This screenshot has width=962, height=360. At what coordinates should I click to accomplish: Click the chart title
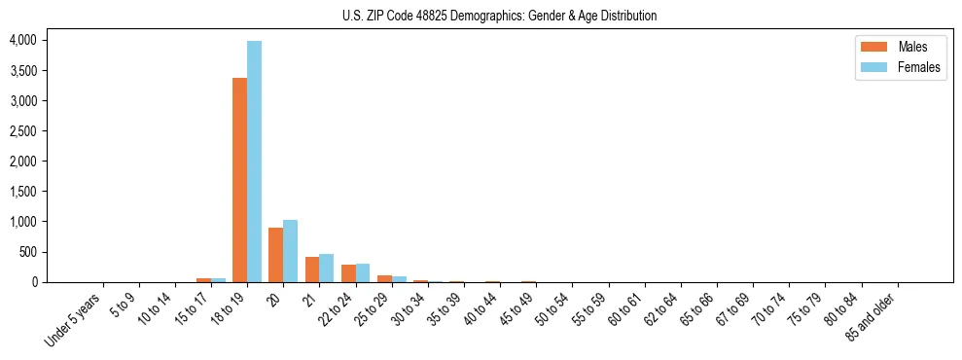[499, 16]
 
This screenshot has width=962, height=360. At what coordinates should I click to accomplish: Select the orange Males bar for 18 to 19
[239, 180]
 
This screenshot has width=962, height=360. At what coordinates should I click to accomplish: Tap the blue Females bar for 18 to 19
[254, 162]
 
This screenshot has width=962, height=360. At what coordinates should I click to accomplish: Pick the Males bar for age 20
[275, 255]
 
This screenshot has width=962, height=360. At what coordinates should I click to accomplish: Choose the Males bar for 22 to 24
[348, 273]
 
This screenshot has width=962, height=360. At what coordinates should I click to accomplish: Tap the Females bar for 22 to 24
[362, 273]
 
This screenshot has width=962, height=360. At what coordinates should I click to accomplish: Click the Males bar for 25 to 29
[384, 279]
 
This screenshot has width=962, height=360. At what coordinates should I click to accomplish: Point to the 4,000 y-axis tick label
[22, 40]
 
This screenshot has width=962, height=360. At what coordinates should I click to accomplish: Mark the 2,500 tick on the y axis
[22, 131]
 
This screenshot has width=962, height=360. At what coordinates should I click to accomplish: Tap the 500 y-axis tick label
[26, 252]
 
